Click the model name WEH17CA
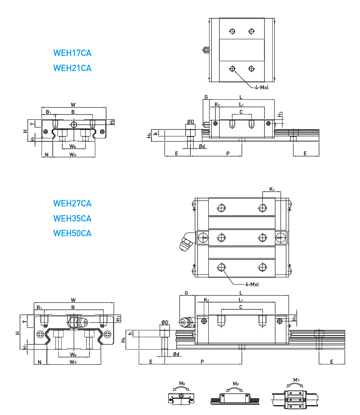click(72, 53)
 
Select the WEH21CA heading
click(72, 68)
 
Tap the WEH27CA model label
click(72, 203)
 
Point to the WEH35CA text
click(72, 218)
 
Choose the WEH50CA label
click(72, 233)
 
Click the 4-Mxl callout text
click(262, 88)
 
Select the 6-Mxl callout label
click(252, 285)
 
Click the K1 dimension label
click(272, 189)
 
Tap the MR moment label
click(182, 384)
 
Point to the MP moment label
click(236, 384)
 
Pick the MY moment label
click(297, 380)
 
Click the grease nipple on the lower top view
click(185, 242)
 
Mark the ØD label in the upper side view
click(190, 122)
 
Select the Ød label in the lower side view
click(176, 354)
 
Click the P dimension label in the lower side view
click(202, 362)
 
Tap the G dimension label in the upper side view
click(206, 97)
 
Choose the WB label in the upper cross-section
click(73, 147)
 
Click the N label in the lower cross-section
click(40, 362)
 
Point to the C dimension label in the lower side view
click(241, 307)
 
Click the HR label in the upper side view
click(150, 135)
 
